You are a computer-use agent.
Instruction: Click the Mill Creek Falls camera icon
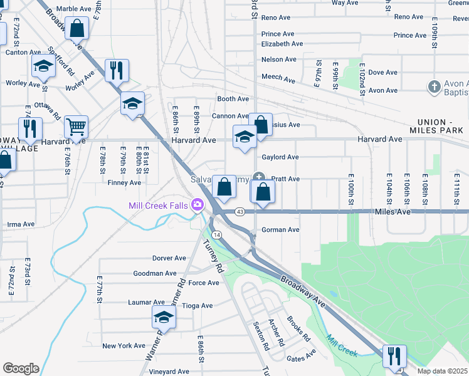[x=198, y=205]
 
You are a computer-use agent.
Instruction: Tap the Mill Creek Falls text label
[x=159, y=206]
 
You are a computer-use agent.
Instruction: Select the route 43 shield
[x=240, y=212]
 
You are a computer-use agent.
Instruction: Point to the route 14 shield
[x=217, y=234]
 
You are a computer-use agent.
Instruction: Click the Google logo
[x=21, y=368]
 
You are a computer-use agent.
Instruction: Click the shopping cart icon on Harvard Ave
[x=76, y=127]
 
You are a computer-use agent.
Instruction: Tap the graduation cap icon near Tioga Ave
[x=164, y=317]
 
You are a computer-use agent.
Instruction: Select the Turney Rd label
[x=214, y=258]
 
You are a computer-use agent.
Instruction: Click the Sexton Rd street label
[x=261, y=336]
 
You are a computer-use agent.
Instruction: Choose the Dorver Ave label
[x=169, y=258]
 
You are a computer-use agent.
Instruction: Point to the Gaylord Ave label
[x=280, y=157]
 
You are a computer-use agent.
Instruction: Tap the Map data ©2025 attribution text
[x=443, y=371]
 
